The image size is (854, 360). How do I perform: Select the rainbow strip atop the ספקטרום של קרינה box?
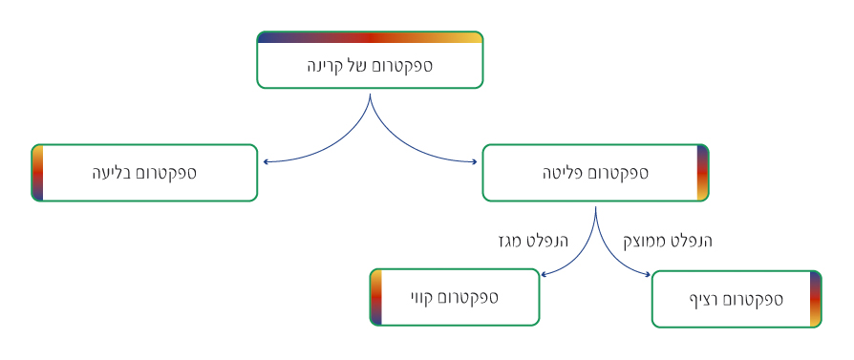(370, 37)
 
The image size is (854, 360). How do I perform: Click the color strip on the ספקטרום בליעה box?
(37, 173)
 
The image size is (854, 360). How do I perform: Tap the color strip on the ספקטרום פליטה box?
(702, 173)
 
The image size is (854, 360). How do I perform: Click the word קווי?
(425, 297)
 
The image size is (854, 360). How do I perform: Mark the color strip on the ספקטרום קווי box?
(375, 297)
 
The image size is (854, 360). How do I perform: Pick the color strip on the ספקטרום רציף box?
(816, 299)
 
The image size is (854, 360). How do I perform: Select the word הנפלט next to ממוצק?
(691, 241)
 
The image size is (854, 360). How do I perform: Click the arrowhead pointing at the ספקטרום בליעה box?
(267, 161)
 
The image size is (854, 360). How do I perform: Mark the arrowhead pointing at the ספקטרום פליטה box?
(474, 161)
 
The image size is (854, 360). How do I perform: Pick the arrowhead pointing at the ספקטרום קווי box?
(544, 274)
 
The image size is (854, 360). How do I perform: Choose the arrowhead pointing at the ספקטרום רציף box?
(647, 274)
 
